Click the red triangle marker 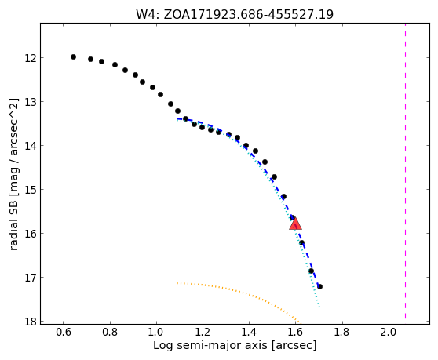[295, 224]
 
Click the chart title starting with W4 [235, 14]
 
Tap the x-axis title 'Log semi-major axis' [211, 345]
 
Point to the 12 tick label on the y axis [31, 58]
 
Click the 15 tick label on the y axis [31, 190]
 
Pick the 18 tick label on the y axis [31, 322]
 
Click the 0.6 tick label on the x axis [63, 332]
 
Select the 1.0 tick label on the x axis [156, 332]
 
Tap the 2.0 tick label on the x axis [389, 332]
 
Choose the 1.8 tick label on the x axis [342, 332]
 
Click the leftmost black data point [73, 57]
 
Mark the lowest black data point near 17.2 [319, 286]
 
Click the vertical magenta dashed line [405, 173]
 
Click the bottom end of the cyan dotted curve [319, 307]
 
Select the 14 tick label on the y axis [31, 146]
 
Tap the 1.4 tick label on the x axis [249, 332]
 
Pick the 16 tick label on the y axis [31, 233]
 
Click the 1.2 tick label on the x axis [203, 332]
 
